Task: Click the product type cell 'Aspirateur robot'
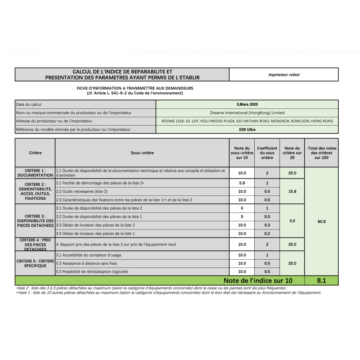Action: [283, 75]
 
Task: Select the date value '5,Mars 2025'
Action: [247, 104]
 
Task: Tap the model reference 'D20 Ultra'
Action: [247, 130]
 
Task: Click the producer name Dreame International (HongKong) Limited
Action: [247, 112]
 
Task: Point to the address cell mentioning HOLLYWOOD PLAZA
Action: [247, 121]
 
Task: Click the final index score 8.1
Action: [321, 280]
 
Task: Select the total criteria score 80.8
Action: [321, 221]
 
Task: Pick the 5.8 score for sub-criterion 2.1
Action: [242, 183]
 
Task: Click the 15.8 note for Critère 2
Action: [292, 191]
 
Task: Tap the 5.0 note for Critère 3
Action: [292, 221]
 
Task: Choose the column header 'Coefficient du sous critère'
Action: [267, 153]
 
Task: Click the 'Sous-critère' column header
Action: [142, 153]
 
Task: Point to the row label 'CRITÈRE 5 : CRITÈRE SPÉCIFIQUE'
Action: [35, 263]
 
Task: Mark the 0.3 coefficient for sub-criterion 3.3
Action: [267, 225]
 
